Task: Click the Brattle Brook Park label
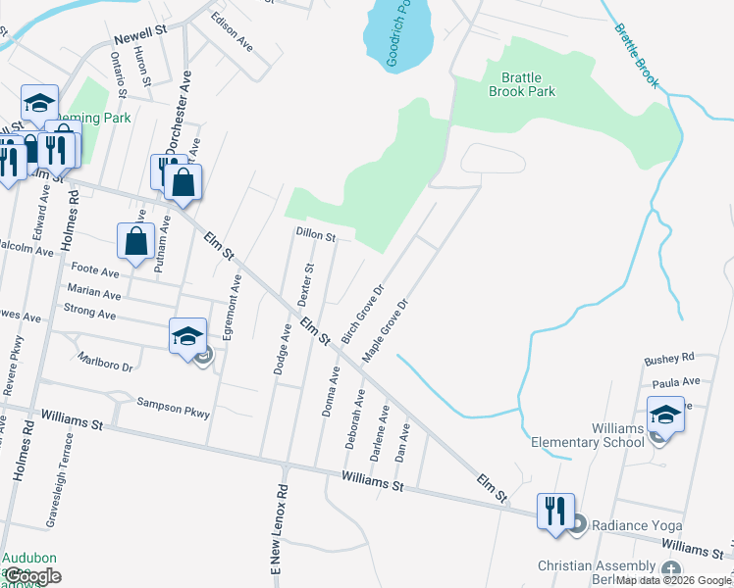coord(522,84)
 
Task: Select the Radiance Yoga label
coord(631,523)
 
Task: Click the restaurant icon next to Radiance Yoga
coord(554,511)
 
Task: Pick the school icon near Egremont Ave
coord(187,337)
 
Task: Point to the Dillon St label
coord(316,236)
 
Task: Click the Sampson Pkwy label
coord(174,408)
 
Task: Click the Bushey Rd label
coord(668,360)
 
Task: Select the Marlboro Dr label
coord(105,361)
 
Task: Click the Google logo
coord(32,576)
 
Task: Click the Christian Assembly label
coord(597,566)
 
